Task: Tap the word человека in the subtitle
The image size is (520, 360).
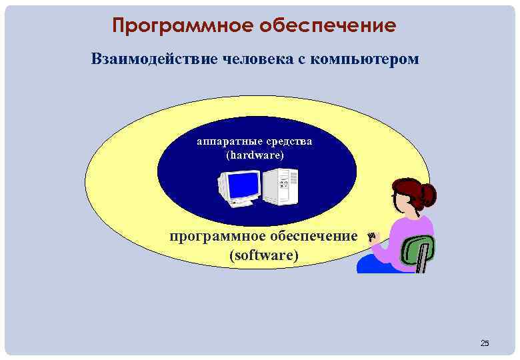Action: pyautogui.click(x=261, y=59)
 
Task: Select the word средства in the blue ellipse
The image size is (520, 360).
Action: pyautogui.click(x=287, y=141)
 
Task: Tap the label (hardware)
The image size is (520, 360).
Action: pyautogui.click(x=255, y=155)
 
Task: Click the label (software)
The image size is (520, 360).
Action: pyautogui.click(x=263, y=255)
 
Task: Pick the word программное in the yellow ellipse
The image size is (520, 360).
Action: pyautogui.click(x=212, y=236)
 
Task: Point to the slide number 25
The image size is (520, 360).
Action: pyautogui.click(x=485, y=343)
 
